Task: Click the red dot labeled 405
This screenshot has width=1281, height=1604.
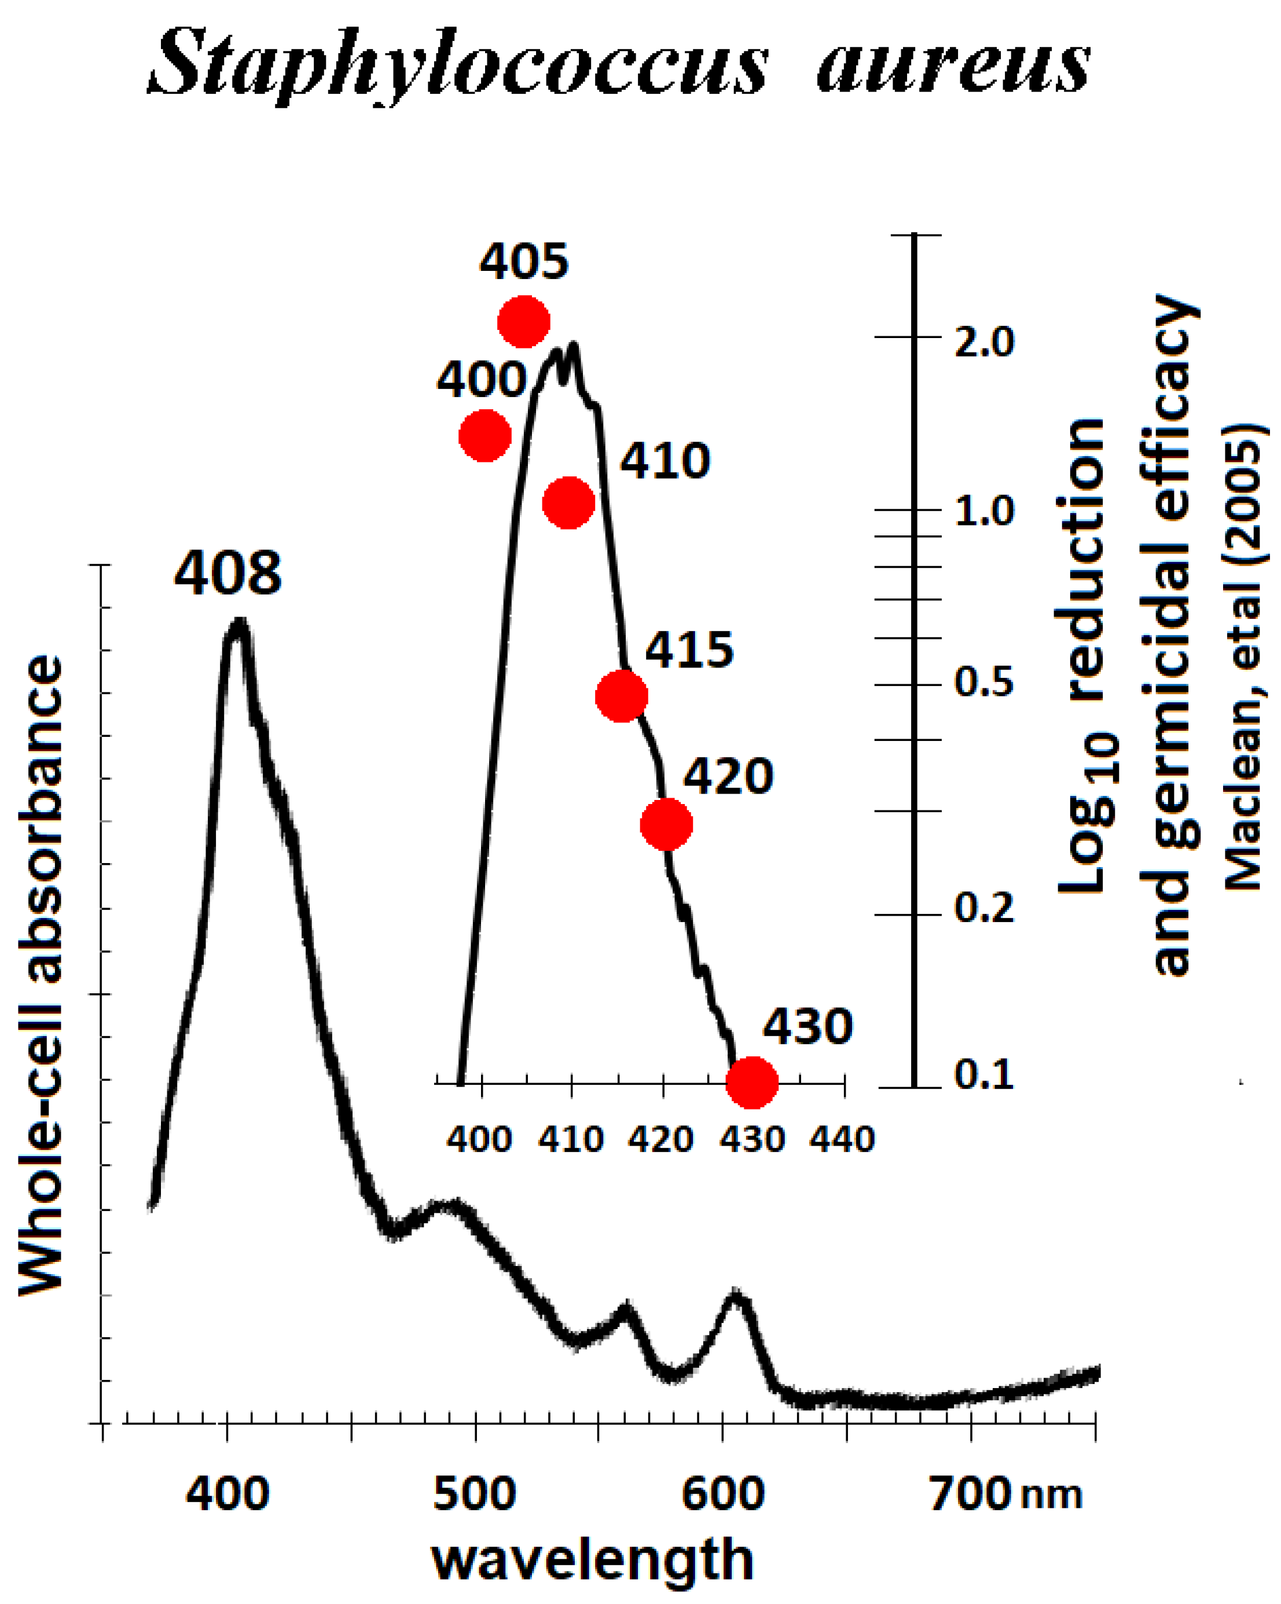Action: [524, 321]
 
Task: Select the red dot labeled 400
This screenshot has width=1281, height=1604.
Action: [485, 435]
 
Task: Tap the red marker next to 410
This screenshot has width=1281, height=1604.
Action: [568, 503]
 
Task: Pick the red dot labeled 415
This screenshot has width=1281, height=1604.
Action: [622, 696]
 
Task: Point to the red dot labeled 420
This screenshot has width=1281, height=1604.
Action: [666, 824]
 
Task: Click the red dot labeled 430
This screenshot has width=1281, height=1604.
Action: [752, 1082]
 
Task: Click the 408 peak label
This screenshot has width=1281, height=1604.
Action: [227, 574]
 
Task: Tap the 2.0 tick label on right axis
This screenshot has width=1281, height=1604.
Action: [984, 342]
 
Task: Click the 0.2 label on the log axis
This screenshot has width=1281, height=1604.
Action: [984, 908]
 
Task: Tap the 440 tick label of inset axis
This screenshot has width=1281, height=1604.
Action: [842, 1140]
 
